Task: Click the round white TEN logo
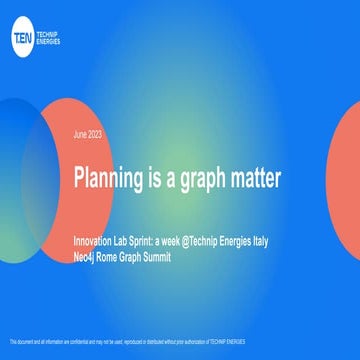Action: pos(23,36)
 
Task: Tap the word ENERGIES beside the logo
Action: pos(50,40)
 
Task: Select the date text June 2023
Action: pos(89,134)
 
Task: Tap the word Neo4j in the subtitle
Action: pos(87,256)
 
